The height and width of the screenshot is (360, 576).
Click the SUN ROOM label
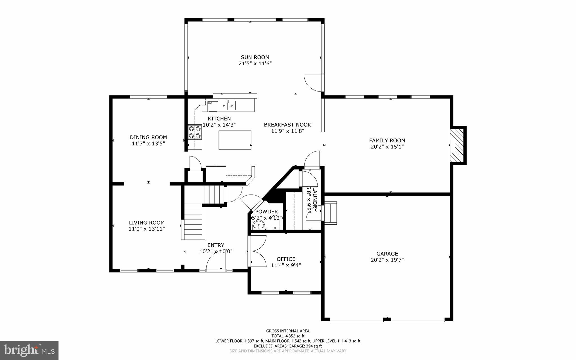point(255,57)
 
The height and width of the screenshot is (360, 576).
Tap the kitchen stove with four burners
point(195,132)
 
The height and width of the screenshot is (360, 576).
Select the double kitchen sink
point(228,106)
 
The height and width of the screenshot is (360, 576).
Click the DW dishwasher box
point(213,106)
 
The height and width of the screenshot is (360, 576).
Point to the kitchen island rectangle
point(235,140)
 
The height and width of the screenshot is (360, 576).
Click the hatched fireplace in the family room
point(457,145)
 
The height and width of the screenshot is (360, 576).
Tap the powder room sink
point(258,225)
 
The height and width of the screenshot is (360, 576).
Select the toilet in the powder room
point(275,225)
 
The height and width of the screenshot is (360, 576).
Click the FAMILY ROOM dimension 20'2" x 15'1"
point(387,147)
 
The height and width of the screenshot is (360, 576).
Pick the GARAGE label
point(387,254)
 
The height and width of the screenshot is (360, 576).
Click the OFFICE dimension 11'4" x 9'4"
point(286,265)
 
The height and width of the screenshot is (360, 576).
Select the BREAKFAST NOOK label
point(287,125)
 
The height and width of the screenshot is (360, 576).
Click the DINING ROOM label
point(148,137)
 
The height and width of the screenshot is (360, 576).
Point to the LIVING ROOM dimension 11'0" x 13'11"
point(147,229)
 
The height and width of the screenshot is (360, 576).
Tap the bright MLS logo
point(29,350)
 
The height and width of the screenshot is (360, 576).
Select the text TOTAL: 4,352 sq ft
point(288,336)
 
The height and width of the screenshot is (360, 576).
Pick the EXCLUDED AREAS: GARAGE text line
point(288,346)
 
